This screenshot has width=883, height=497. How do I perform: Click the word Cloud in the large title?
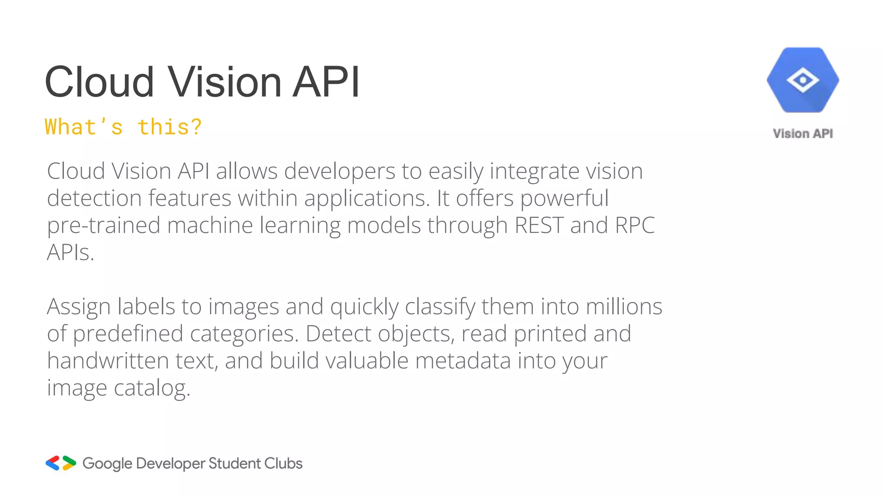(x=99, y=82)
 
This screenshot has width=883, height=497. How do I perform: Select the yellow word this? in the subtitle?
(x=169, y=127)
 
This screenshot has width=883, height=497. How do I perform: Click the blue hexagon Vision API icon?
(x=803, y=80)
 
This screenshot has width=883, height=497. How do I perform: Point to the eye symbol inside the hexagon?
(x=803, y=80)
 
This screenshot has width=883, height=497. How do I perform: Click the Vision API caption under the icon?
(x=803, y=134)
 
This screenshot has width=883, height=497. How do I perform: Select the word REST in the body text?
(x=539, y=225)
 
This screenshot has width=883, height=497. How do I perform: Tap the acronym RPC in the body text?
(x=635, y=225)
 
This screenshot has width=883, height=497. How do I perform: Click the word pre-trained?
(x=103, y=225)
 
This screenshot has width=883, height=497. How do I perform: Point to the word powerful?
(x=564, y=199)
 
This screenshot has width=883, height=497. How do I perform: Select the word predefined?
(x=128, y=334)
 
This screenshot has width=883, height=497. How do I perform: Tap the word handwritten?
(x=108, y=361)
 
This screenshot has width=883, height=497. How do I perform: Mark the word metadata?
(x=463, y=361)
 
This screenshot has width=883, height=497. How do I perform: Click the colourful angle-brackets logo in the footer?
(x=61, y=463)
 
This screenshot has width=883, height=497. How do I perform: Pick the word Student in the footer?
(x=235, y=463)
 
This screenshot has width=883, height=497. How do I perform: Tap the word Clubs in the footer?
(x=283, y=463)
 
